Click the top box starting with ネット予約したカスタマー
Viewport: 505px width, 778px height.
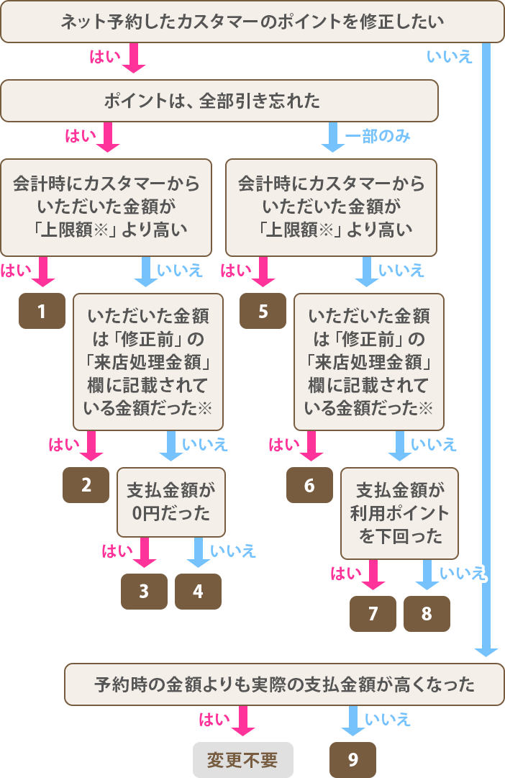click(252, 22)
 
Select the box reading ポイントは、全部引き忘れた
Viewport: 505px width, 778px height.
click(219, 101)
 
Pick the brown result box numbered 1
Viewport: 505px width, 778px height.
click(42, 312)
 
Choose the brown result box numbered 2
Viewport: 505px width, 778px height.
click(86, 485)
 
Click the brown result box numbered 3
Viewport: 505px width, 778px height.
click(144, 592)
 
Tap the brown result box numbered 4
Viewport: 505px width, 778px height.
click(198, 592)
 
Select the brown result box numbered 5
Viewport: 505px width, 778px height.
click(263, 312)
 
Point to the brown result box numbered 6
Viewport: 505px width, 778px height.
click(309, 485)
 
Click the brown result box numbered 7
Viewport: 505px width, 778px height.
click(373, 614)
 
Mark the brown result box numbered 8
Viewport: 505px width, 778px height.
click(427, 614)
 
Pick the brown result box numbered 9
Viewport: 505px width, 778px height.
click(352, 760)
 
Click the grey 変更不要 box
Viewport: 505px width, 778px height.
click(242, 760)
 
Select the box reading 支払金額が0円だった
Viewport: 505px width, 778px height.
click(170, 502)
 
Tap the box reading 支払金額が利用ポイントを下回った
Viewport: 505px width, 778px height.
click(399, 512)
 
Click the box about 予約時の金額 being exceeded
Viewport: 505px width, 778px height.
click(284, 684)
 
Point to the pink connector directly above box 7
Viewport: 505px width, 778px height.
click(373, 576)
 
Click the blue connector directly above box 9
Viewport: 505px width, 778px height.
click(352, 722)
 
